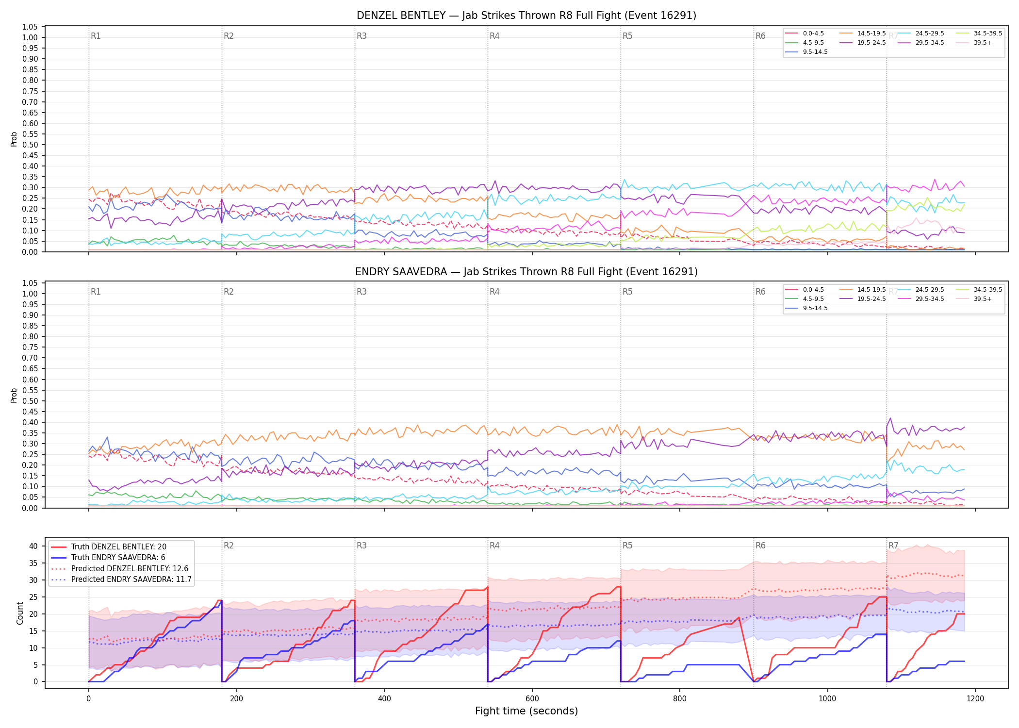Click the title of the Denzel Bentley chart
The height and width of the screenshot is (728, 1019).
[526, 16]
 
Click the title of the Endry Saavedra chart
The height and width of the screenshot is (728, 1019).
[526, 272]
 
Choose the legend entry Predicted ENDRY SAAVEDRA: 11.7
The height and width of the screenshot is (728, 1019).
[121, 579]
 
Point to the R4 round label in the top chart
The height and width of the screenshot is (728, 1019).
[494, 36]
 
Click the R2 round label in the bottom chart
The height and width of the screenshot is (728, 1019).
[229, 546]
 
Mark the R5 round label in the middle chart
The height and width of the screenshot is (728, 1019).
[627, 292]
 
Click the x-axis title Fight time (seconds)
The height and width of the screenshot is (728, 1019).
[526, 711]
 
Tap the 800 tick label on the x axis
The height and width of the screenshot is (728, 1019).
[680, 699]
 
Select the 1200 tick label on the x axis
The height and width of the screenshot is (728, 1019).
[975, 699]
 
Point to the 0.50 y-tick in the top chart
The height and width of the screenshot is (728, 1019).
[30, 145]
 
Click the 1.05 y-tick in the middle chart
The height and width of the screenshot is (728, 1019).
[30, 283]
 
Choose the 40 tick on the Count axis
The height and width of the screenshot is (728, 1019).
[33, 546]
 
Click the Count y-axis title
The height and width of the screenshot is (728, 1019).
[20, 613]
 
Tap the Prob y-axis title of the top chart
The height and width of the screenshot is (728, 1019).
[14, 139]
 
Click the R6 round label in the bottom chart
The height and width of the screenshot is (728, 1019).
[760, 546]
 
